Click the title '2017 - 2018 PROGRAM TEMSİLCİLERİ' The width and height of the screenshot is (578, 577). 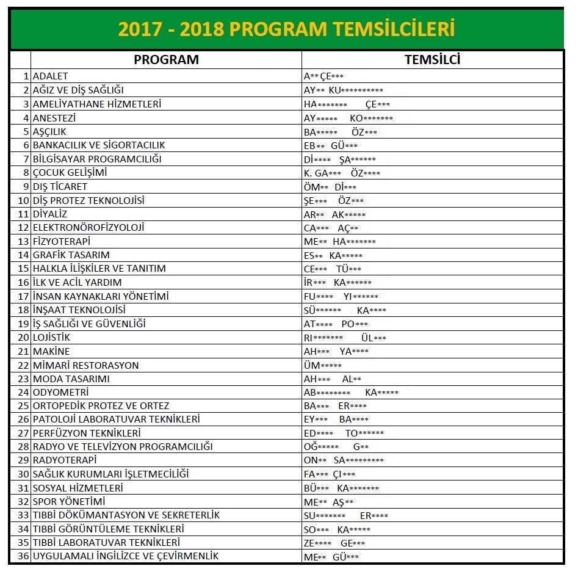pos(286,29)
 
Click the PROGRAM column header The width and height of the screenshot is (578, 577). pos(166,60)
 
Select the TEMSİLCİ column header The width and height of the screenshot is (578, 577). pos(432,60)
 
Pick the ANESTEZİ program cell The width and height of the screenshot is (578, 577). pos(54,118)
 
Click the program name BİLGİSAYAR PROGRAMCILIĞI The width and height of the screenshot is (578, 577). pos(97,159)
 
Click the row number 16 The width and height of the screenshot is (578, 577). pos(24,283)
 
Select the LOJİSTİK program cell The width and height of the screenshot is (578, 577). pos(51,338)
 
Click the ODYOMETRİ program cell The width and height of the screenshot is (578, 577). pos(60,392)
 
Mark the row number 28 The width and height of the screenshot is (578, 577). pos(24,447)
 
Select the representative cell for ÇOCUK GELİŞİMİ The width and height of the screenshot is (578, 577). pos(342,173)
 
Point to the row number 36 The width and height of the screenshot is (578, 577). pos(24,556)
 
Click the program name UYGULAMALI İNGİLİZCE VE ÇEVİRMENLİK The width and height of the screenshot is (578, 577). pos(126,556)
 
